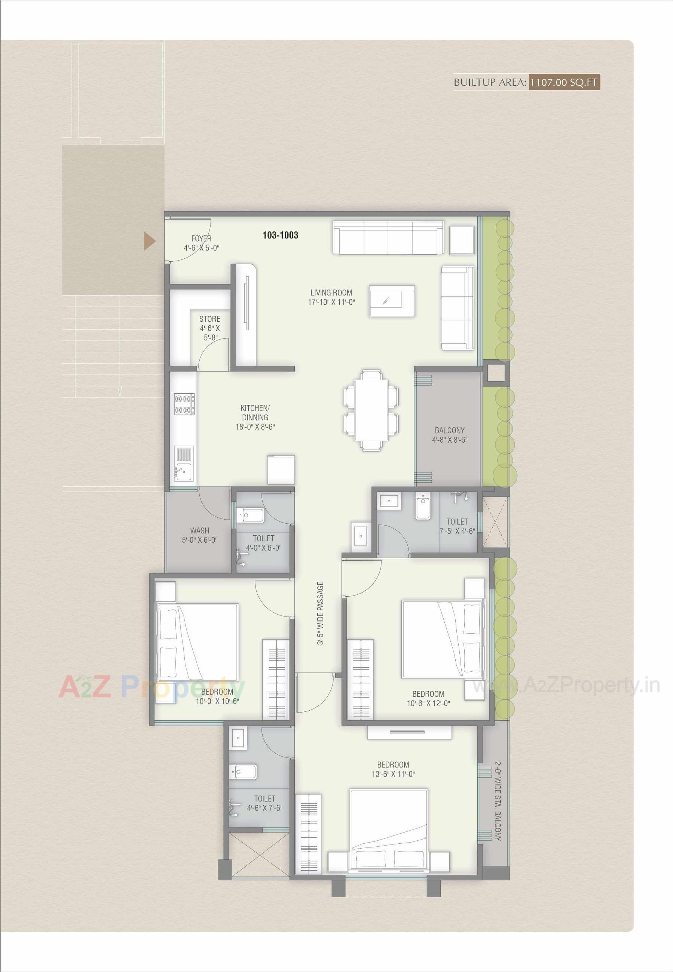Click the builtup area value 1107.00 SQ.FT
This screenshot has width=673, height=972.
[x=564, y=82]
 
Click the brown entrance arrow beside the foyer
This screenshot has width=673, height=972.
[x=150, y=242]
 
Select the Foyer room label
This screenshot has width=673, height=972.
[x=201, y=239]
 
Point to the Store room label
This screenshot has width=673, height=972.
[x=209, y=319]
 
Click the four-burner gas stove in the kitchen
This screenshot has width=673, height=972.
[x=184, y=404]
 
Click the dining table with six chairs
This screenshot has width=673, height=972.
[x=371, y=410]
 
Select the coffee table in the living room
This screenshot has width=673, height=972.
[x=392, y=301]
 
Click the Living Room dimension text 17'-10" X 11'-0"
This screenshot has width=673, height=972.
[x=331, y=302]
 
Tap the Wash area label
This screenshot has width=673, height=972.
[x=199, y=530]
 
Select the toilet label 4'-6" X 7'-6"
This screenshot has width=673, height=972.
[x=264, y=803]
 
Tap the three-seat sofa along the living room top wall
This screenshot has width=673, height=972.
[x=388, y=237]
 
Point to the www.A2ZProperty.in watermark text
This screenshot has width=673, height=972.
[x=566, y=686]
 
